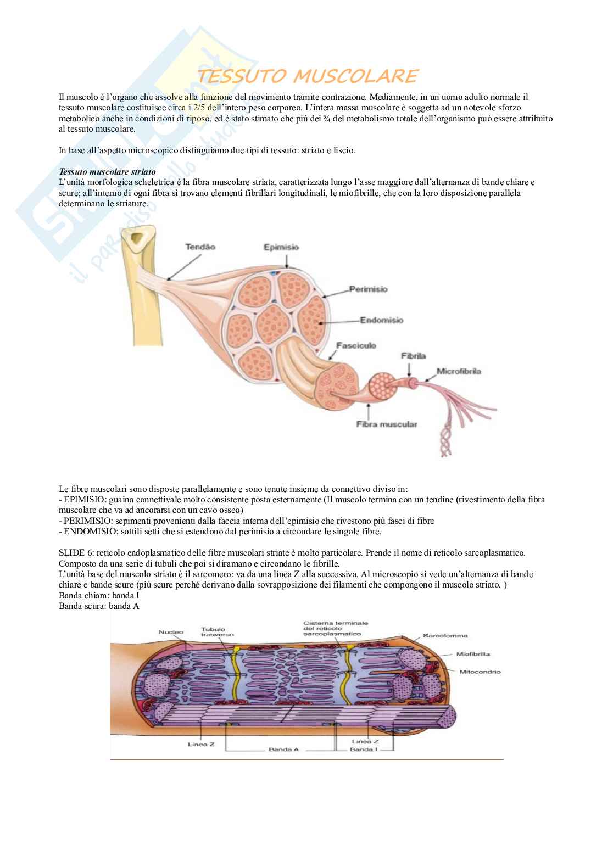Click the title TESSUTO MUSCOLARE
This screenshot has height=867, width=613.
click(x=307, y=76)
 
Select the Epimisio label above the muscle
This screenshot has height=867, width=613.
click(x=281, y=247)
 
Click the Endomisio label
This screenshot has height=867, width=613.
click(x=381, y=320)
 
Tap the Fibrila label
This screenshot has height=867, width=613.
click(x=414, y=356)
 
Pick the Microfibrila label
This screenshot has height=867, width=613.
click(x=459, y=371)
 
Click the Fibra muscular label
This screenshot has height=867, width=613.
click(x=386, y=424)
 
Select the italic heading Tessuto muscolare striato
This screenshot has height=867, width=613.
click(x=107, y=172)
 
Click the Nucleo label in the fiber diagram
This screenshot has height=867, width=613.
click(x=171, y=632)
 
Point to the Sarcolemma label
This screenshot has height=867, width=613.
click(x=445, y=636)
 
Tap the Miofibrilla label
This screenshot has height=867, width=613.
click(x=473, y=654)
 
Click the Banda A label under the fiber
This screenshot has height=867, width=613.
click(x=283, y=749)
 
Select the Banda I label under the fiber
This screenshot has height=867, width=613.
click(x=364, y=749)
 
